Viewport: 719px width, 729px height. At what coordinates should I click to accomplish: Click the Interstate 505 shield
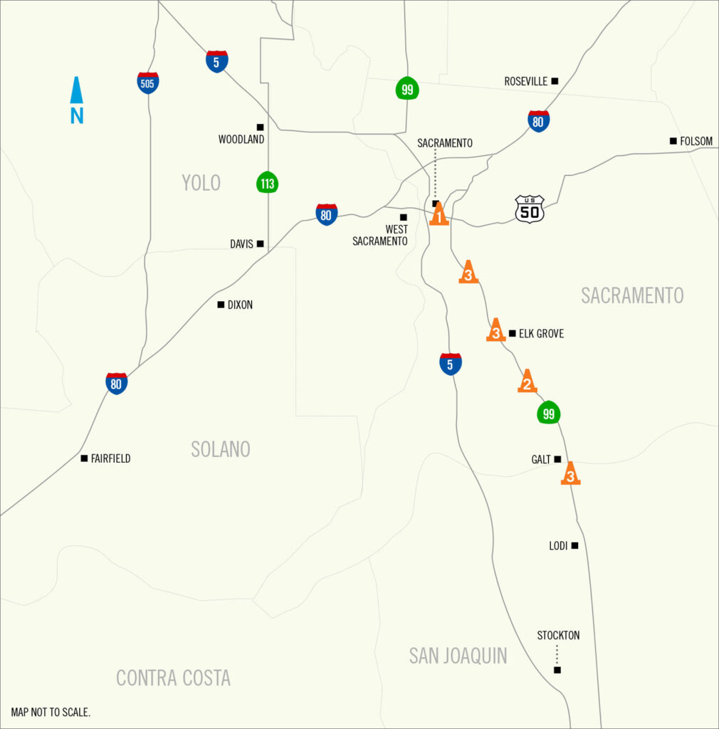point(148,83)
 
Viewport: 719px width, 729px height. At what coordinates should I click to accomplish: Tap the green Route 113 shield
point(267,183)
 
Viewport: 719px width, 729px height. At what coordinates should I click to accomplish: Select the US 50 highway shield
point(530,209)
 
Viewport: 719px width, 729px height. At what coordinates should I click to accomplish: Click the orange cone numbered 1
point(439,214)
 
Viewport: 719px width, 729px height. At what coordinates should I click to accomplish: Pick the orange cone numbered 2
point(527,382)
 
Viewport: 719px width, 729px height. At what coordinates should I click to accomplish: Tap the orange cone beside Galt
point(570,473)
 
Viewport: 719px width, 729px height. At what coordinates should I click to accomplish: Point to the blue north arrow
point(77,100)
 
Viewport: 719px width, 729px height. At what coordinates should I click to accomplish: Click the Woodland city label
point(241,140)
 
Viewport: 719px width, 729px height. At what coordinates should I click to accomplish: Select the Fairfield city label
point(110,458)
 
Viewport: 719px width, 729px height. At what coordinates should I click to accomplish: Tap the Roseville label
point(526,81)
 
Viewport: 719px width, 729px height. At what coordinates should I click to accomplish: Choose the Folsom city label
point(696,141)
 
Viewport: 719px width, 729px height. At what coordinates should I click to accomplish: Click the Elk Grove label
point(541,333)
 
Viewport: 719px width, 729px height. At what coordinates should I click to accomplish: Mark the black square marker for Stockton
point(557,670)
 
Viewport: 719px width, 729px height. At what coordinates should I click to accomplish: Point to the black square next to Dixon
point(221,305)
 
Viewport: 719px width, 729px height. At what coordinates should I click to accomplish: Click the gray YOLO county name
point(201,183)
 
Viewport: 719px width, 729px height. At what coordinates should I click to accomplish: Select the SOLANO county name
point(221,449)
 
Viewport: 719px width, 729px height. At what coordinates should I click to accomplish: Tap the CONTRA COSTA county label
point(173,678)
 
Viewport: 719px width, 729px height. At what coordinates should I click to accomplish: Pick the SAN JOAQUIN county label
point(458,656)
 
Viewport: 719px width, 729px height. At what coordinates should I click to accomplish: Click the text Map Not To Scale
point(51,712)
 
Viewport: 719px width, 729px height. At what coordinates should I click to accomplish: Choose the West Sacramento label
point(380,235)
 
